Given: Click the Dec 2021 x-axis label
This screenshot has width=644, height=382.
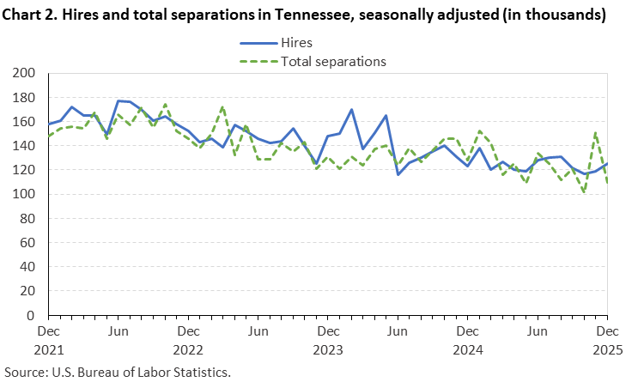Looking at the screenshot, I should [48, 339].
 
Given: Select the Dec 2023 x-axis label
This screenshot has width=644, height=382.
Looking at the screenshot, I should [327, 339].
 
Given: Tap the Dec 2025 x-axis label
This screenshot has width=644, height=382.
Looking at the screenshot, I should [607, 339].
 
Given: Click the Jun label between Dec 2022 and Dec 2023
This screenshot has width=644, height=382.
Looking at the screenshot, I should [258, 330].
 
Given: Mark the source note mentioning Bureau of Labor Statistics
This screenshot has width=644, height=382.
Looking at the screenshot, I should [121, 373].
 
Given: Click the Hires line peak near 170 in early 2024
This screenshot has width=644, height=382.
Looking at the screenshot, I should [351, 110].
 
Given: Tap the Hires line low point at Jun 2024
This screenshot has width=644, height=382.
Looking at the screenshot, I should [398, 174].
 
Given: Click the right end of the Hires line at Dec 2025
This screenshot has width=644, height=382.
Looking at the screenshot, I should [607, 164].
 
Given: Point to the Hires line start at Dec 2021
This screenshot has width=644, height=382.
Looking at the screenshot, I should [48, 124].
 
